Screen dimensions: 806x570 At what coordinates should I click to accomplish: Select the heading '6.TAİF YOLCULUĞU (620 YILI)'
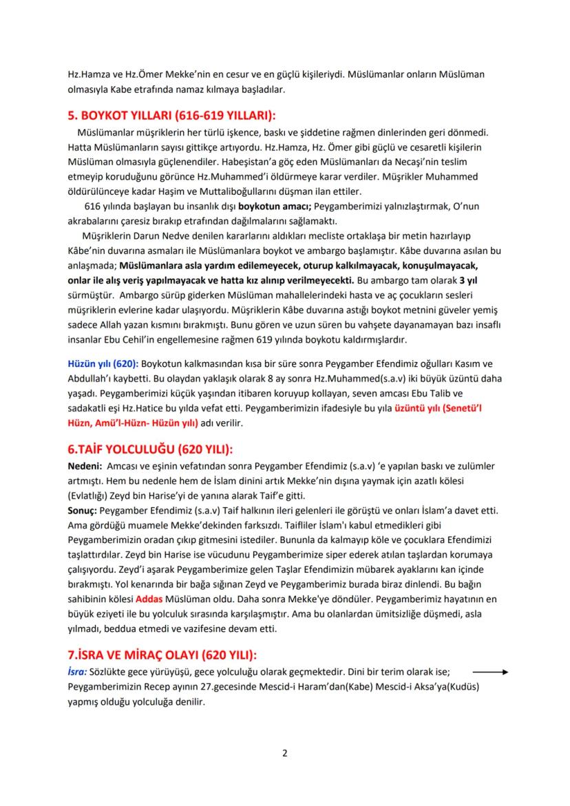click(x=150, y=449)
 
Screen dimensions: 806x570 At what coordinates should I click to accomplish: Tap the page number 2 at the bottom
click(x=285, y=752)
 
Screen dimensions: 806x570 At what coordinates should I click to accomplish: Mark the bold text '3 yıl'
click(x=469, y=280)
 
